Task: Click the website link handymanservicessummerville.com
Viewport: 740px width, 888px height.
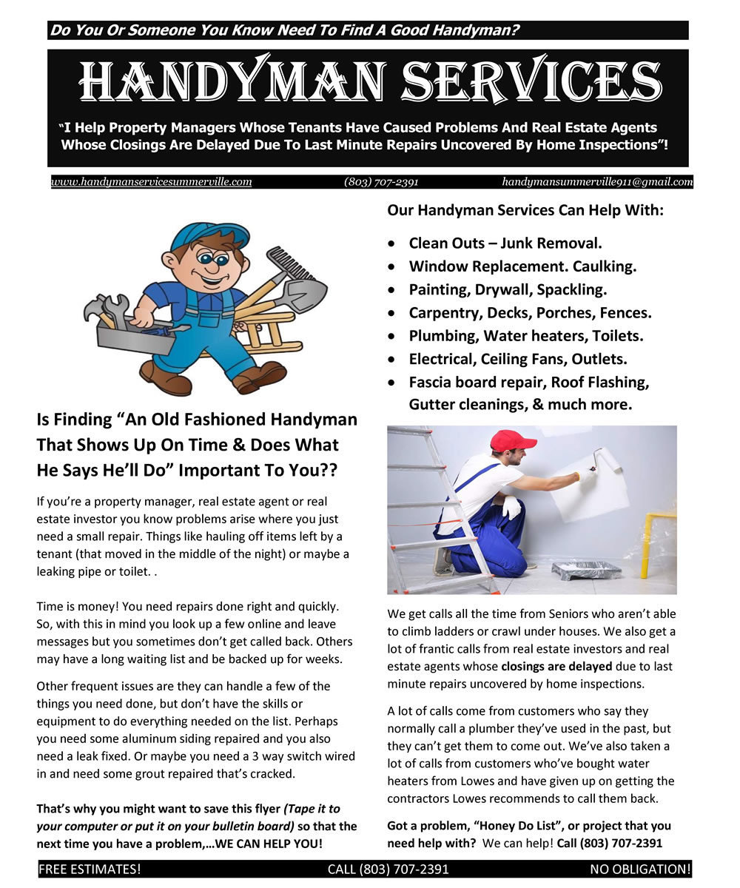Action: click(151, 182)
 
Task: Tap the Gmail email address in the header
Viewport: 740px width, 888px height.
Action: click(597, 182)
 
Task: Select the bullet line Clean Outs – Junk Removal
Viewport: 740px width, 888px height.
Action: click(505, 243)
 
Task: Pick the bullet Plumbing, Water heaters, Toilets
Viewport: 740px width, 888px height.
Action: click(525, 336)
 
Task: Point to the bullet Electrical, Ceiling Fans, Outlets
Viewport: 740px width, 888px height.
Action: click(517, 359)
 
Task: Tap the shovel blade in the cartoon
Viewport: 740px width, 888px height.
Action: click(304, 293)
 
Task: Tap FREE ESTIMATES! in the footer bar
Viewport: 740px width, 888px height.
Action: click(90, 869)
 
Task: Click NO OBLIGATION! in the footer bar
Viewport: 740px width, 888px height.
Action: click(640, 869)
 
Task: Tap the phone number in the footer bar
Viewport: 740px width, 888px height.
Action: click(388, 869)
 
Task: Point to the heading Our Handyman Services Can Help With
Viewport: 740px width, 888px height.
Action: click(525, 210)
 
